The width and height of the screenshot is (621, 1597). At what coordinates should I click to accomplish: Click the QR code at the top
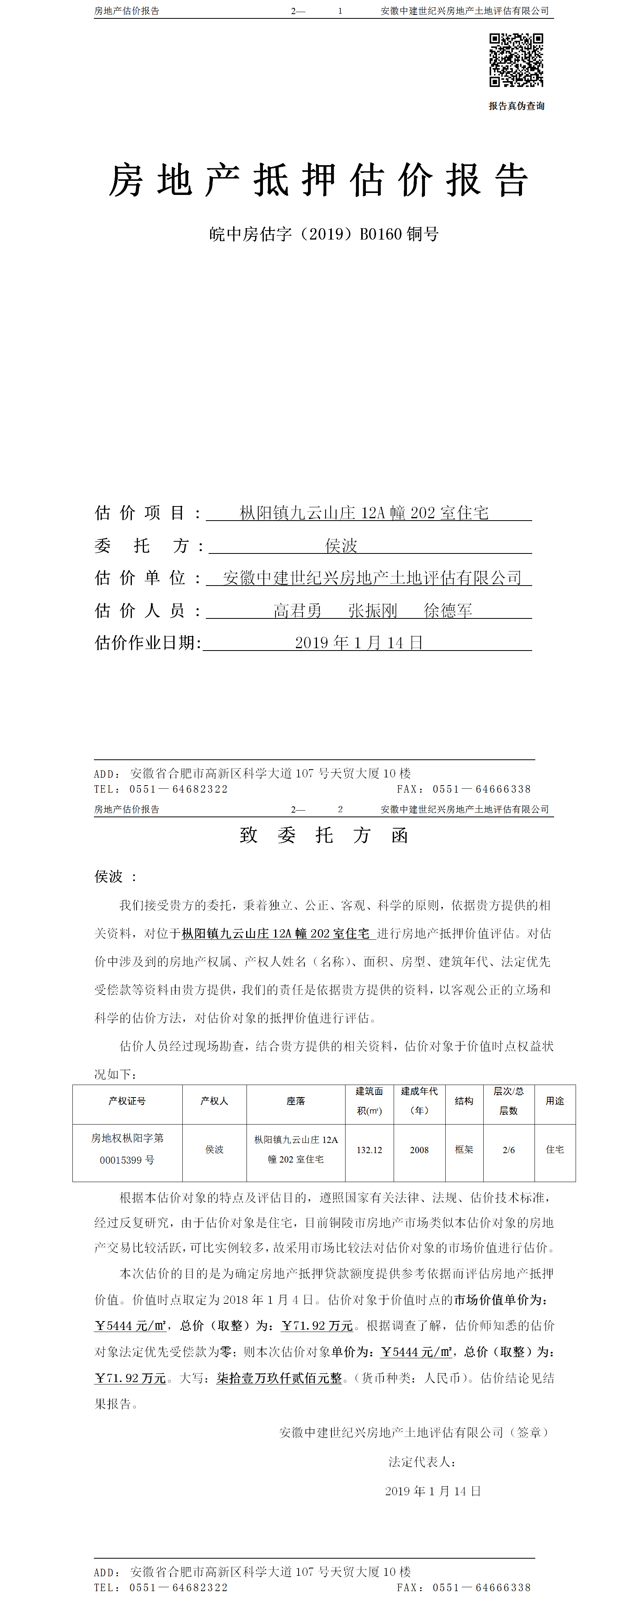coord(516,60)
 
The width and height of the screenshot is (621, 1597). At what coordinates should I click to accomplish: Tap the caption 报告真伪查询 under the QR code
coord(516,106)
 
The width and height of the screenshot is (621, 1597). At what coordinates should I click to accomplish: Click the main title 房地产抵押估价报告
coord(319,180)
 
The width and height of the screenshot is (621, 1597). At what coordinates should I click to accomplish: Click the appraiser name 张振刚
coord(373,611)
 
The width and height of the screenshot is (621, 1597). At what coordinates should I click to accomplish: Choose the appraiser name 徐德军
coord(448,611)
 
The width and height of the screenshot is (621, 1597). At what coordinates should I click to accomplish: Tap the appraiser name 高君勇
coord(297,611)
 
